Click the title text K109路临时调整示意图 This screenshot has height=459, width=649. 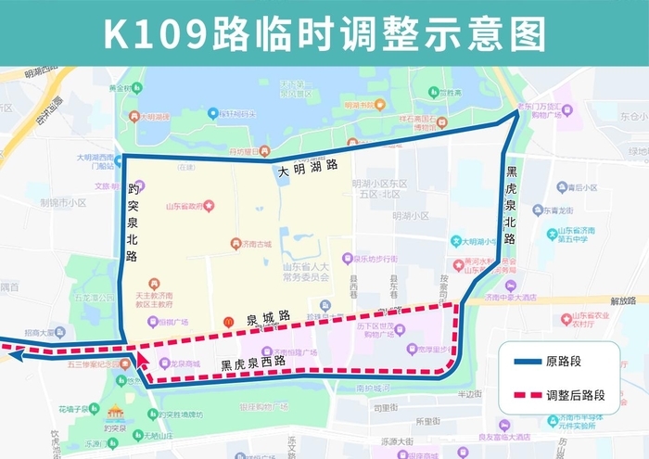(324, 33)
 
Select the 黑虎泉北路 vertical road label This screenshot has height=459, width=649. (512, 204)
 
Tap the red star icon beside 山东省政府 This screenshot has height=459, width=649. (210, 205)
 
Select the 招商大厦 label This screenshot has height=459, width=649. (42, 332)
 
